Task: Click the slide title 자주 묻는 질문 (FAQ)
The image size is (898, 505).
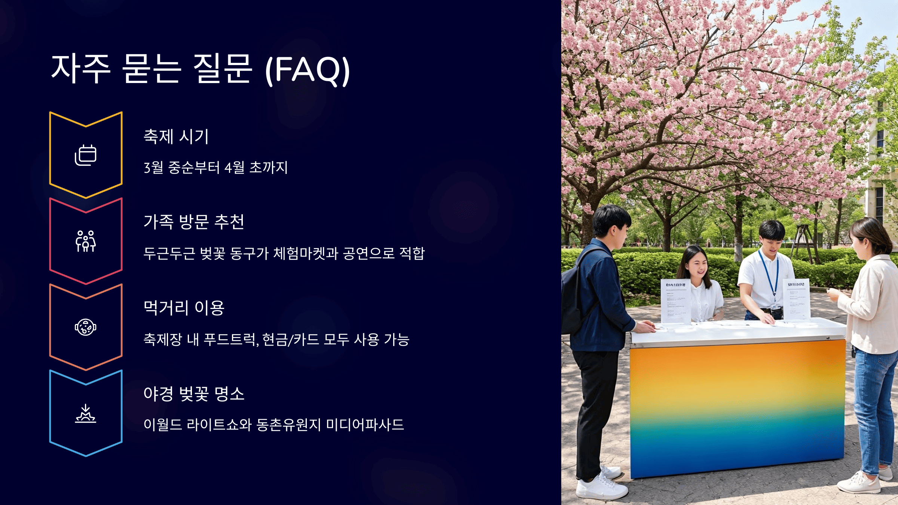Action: point(201,69)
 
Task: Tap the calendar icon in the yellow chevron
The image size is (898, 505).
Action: point(86,155)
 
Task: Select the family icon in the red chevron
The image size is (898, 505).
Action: point(86,241)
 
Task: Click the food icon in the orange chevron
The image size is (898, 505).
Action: point(86,327)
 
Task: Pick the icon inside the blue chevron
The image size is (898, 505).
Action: point(86,413)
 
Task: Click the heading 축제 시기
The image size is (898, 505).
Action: point(176,137)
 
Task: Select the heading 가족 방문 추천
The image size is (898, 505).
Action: point(194,222)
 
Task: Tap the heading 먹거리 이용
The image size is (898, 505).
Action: point(184,308)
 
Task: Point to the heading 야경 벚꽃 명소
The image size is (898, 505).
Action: point(194,394)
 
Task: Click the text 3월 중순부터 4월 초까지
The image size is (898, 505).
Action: point(216,168)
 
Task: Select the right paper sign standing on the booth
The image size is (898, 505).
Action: point(796,299)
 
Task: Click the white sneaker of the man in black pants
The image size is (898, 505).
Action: point(599,486)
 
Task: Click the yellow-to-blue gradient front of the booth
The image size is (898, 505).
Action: point(737,408)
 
